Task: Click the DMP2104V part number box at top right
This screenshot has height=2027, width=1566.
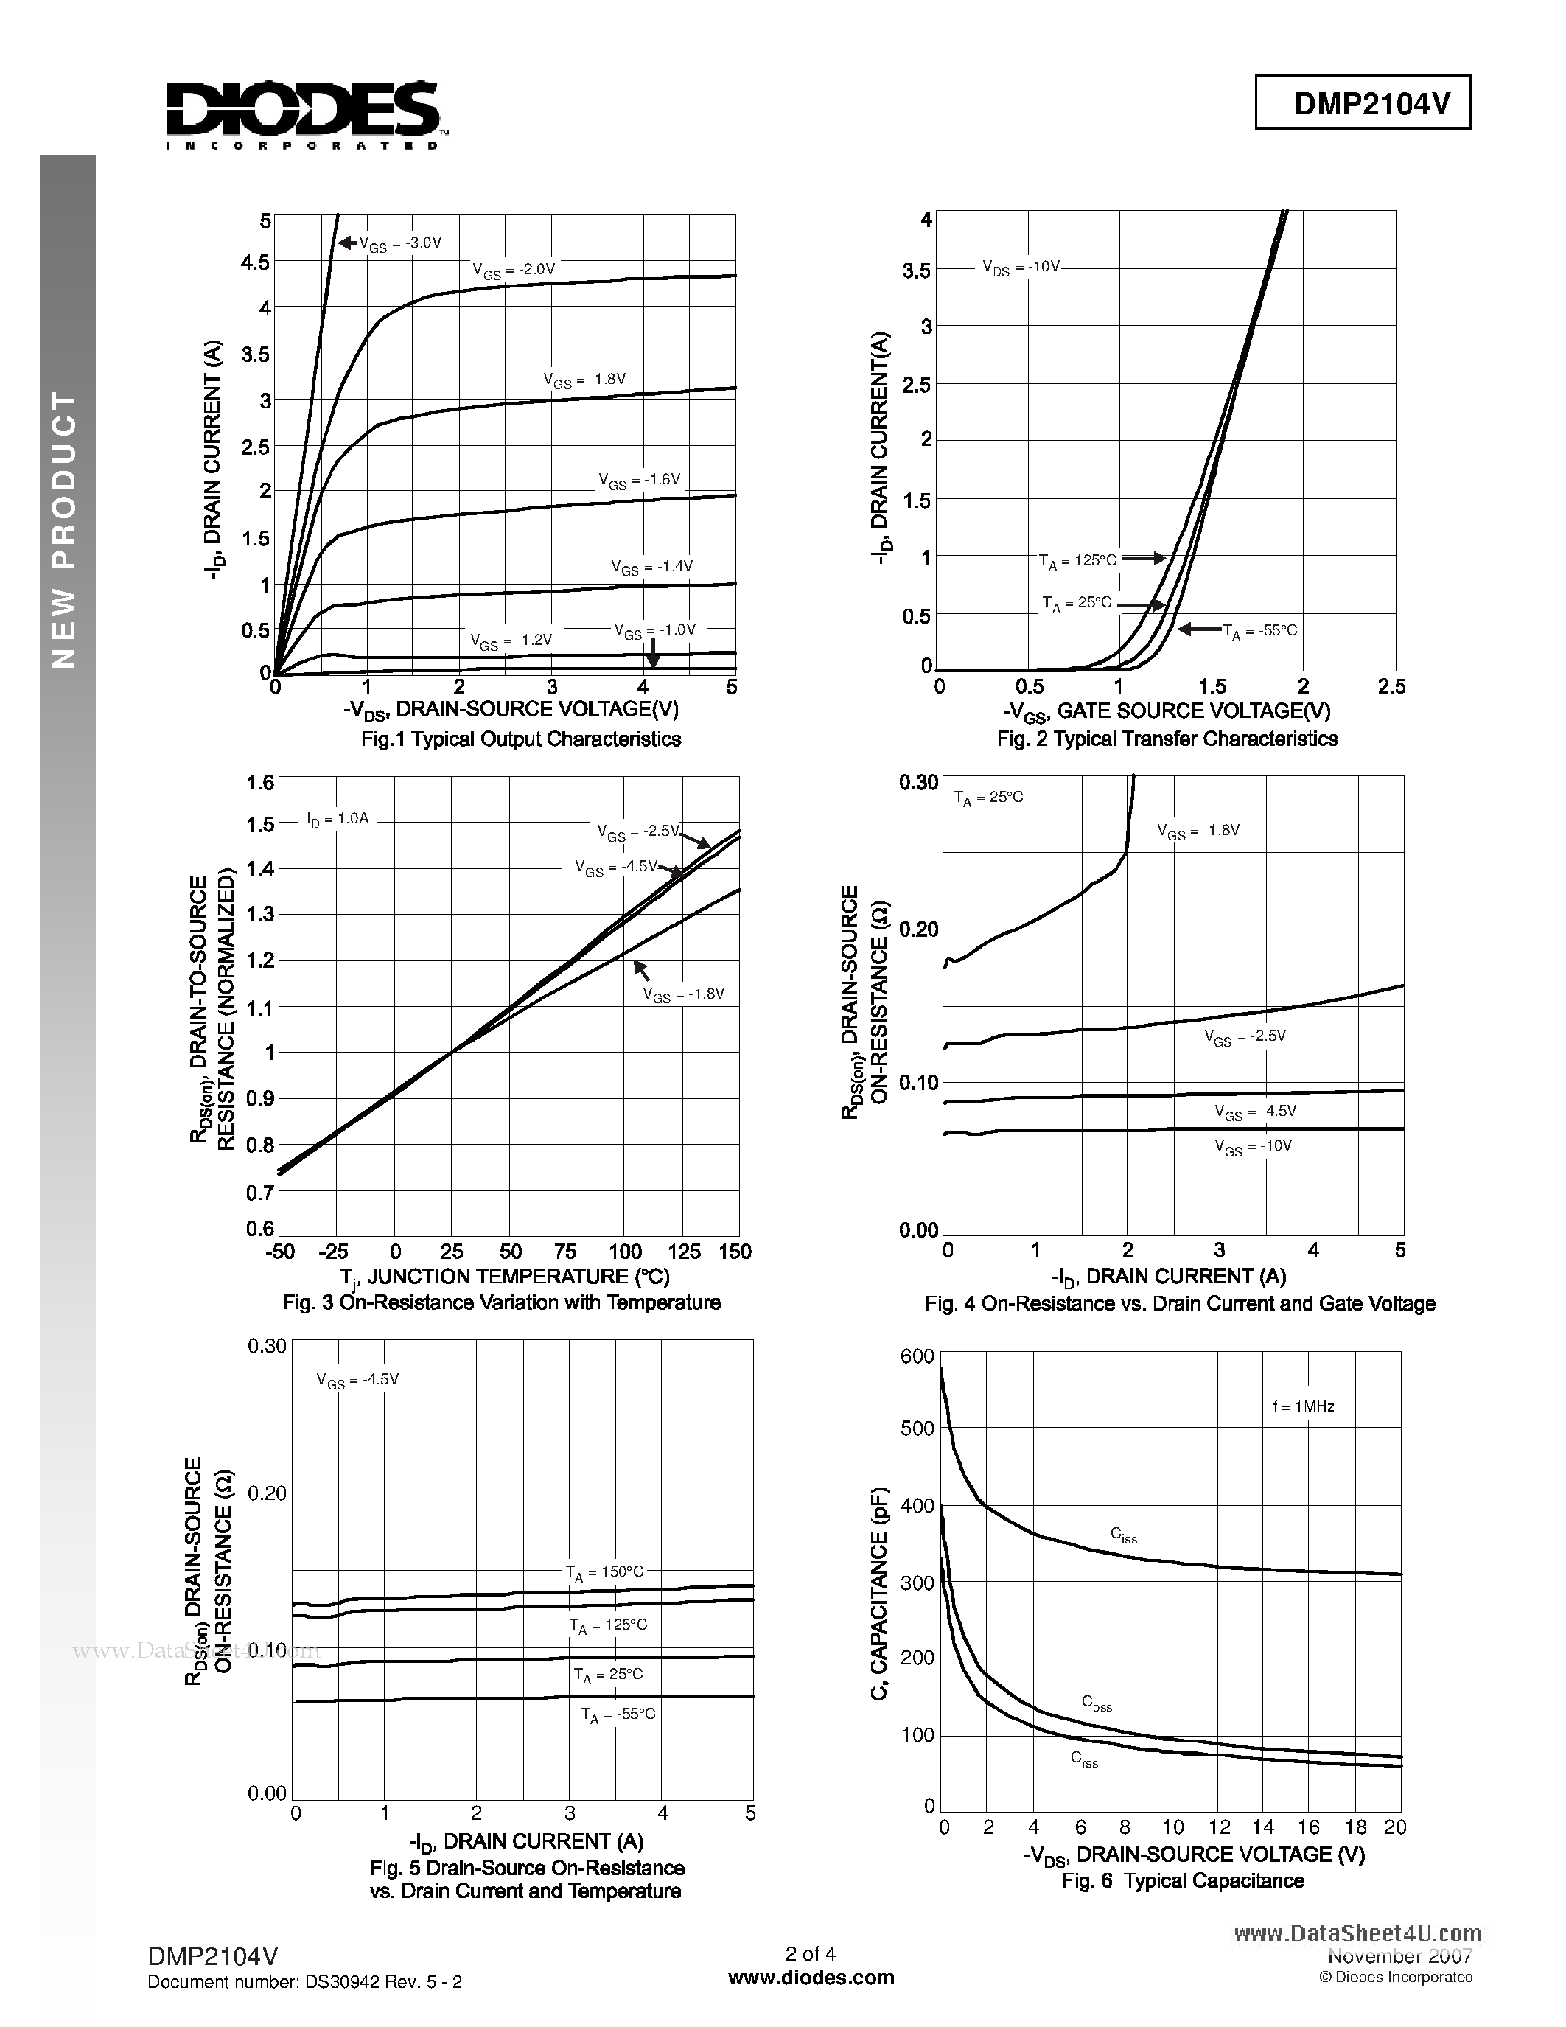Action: [x=1362, y=104]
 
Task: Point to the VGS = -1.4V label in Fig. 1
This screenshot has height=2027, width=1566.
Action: [x=651, y=567]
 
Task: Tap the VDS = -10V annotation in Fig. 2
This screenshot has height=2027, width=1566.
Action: [x=1020, y=268]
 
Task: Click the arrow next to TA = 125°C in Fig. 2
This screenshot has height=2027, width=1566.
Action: [x=1146, y=559]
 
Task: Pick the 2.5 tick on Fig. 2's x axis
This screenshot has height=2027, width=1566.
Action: [x=1391, y=687]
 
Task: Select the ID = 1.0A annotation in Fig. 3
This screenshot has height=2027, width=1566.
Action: [x=338, y=820]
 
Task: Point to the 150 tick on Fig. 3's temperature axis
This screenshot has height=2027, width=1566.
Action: [x=734, y=1252]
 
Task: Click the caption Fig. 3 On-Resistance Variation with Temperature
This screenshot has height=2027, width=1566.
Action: [x=501, y=1303]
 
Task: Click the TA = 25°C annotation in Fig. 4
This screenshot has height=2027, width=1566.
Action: [x=988, y=798]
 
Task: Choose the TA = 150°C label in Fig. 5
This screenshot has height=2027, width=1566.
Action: [x=604, y=1572]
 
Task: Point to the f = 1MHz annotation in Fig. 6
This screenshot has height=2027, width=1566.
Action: [x=1302, y=1407]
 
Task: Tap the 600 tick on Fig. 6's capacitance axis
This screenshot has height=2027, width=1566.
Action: [x=917, y=1357]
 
